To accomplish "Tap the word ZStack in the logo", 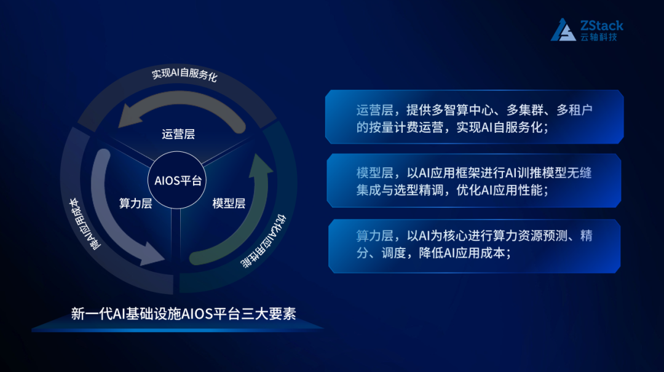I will [601, 25].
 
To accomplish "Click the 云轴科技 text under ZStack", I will [598, 37].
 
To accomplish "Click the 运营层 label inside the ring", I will [178, 134].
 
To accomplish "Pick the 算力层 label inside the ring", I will [135, 204].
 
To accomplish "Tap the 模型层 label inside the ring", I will [229, 204].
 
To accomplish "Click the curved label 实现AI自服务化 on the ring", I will [184, 76].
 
